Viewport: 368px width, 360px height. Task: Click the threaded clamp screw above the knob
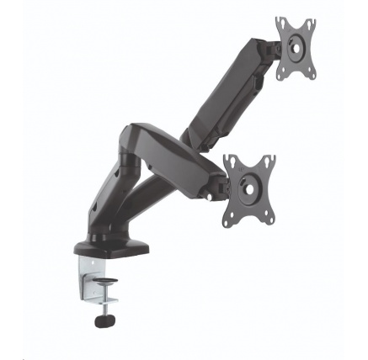pyautogui.click(x=106, y=304)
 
